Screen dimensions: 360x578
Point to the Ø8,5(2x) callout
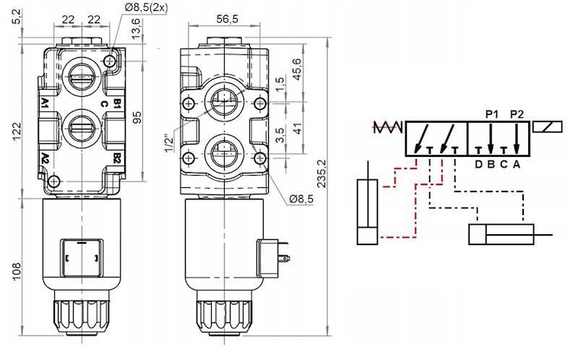146,7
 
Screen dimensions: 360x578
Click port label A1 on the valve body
45,103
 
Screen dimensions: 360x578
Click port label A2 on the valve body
45,157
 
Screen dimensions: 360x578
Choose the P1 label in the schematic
492,114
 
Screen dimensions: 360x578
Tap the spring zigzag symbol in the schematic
387,129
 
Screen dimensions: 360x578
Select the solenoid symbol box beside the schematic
549,128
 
